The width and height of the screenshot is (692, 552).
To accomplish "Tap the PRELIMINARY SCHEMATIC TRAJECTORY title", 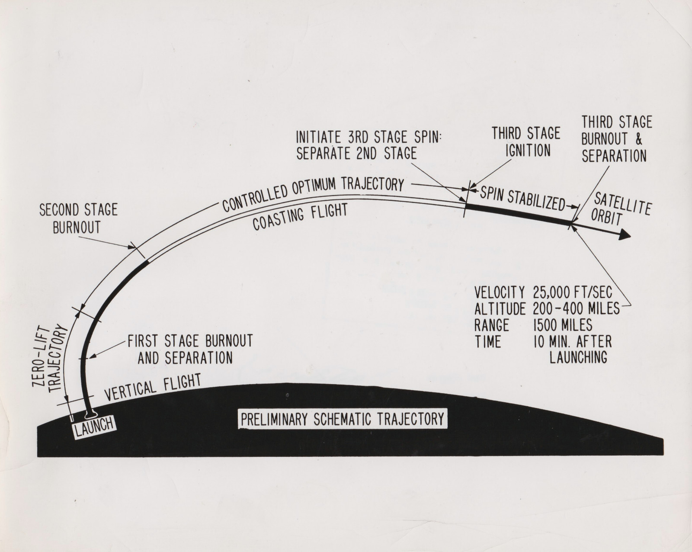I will click(x=343, y=419).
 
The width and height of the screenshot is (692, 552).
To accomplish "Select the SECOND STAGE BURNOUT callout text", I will click(x=78, y=219).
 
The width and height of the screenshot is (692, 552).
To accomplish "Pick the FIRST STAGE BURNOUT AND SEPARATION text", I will click(x=190, y=349).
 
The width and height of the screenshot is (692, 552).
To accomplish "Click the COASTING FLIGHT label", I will click(x=300, y=217).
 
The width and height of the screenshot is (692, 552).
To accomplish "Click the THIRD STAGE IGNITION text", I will click(x=526, y=141).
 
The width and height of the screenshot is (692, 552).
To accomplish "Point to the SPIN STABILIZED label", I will click(x=522, y=198).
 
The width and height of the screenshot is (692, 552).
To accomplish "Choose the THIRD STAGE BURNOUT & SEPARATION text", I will click(x=616, y=139).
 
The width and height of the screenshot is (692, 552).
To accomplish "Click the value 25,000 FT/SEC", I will click(x=573, y=292).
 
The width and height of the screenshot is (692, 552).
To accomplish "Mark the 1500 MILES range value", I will click(x=563, y=325).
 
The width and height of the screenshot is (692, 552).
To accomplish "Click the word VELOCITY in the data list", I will click(x=500, y=292).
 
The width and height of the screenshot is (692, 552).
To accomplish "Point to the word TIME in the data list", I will click(x=487, y=342).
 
